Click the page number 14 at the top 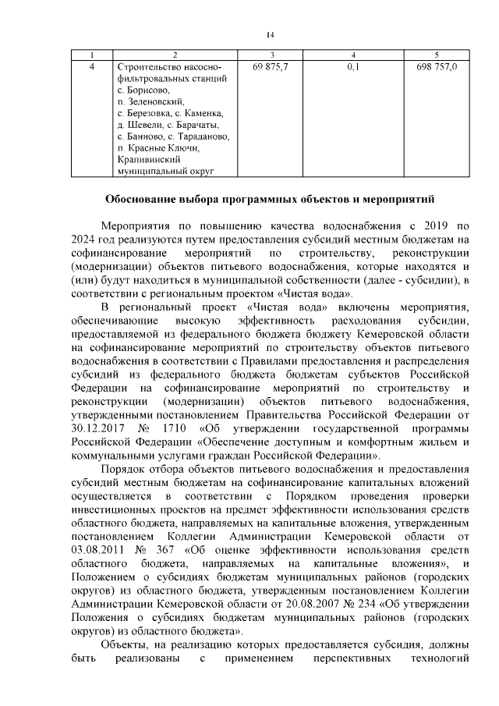click(x=270, y=34)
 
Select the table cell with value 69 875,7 click(x=271, y=67)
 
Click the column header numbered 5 click(x=437, y=55)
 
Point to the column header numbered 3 click(x=271, y=55)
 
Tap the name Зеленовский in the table click(x=155, y=101)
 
